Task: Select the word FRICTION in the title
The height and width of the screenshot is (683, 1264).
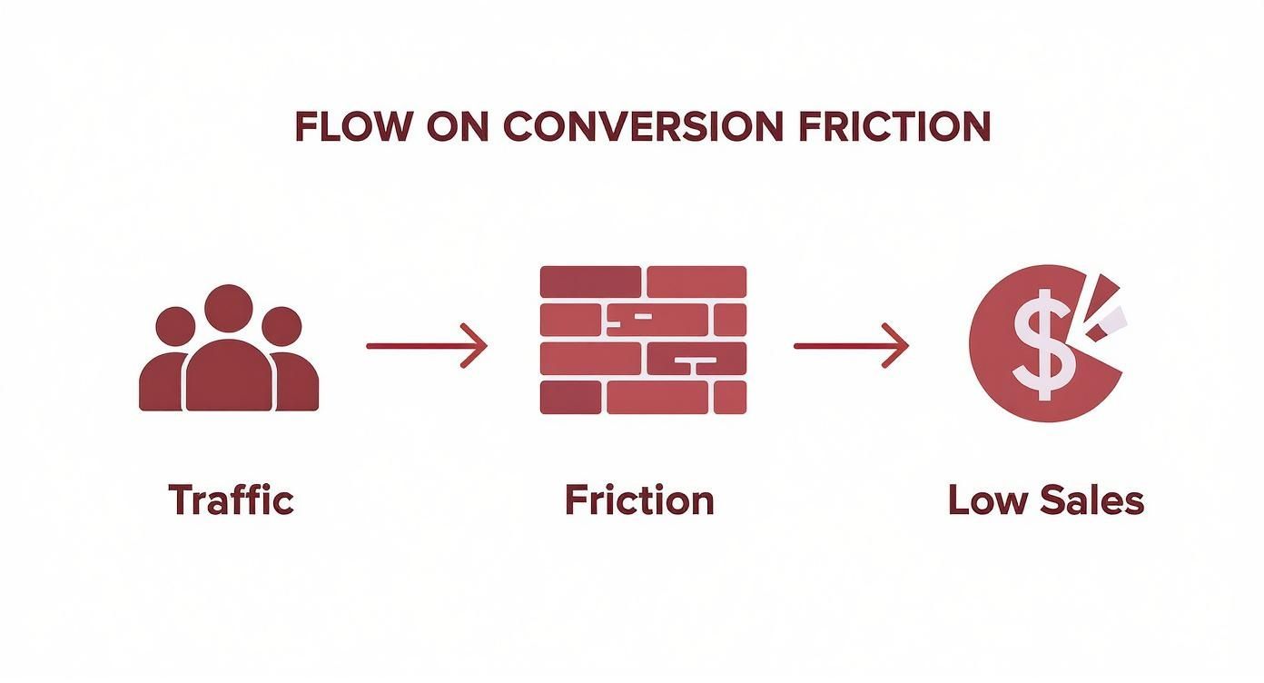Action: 894,127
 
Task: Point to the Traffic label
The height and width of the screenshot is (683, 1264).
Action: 231,500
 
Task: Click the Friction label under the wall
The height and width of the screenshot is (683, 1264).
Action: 639,500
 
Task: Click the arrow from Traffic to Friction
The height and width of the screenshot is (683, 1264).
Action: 426,346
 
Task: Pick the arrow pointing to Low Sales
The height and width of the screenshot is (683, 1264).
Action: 851,346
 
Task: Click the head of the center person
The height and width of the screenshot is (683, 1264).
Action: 228,309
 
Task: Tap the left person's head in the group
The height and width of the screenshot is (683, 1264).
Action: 175,326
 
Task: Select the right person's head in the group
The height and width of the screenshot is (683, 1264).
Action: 281,326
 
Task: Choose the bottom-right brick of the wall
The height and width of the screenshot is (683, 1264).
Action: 730,397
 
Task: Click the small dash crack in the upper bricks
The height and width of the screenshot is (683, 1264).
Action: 642,316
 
